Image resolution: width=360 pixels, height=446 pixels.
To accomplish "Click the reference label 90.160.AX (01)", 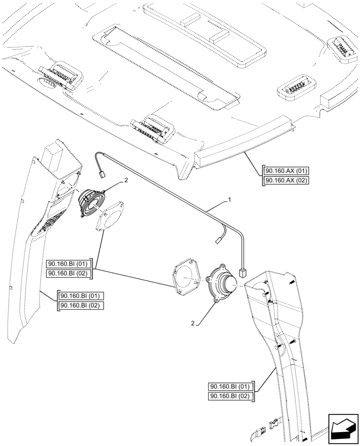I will pyautogui.click(x=286, y=171).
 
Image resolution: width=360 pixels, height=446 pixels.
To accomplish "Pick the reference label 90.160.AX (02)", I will pyautogui.click(x=286, y=180).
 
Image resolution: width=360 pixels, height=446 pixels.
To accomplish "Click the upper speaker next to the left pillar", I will pyautogui.click(x=91, y=202).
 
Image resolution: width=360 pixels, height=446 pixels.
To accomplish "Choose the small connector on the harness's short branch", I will pyautogui.click(x=219, y=240).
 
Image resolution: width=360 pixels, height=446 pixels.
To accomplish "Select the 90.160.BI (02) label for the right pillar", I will pyautogui.click(x=231, y=396).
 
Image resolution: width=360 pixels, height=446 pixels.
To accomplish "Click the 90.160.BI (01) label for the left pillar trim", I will pyautogui.click(x=81, y=296).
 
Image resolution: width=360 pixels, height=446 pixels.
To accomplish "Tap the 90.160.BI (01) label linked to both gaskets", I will pyautogui.click(x=69, y=264).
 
